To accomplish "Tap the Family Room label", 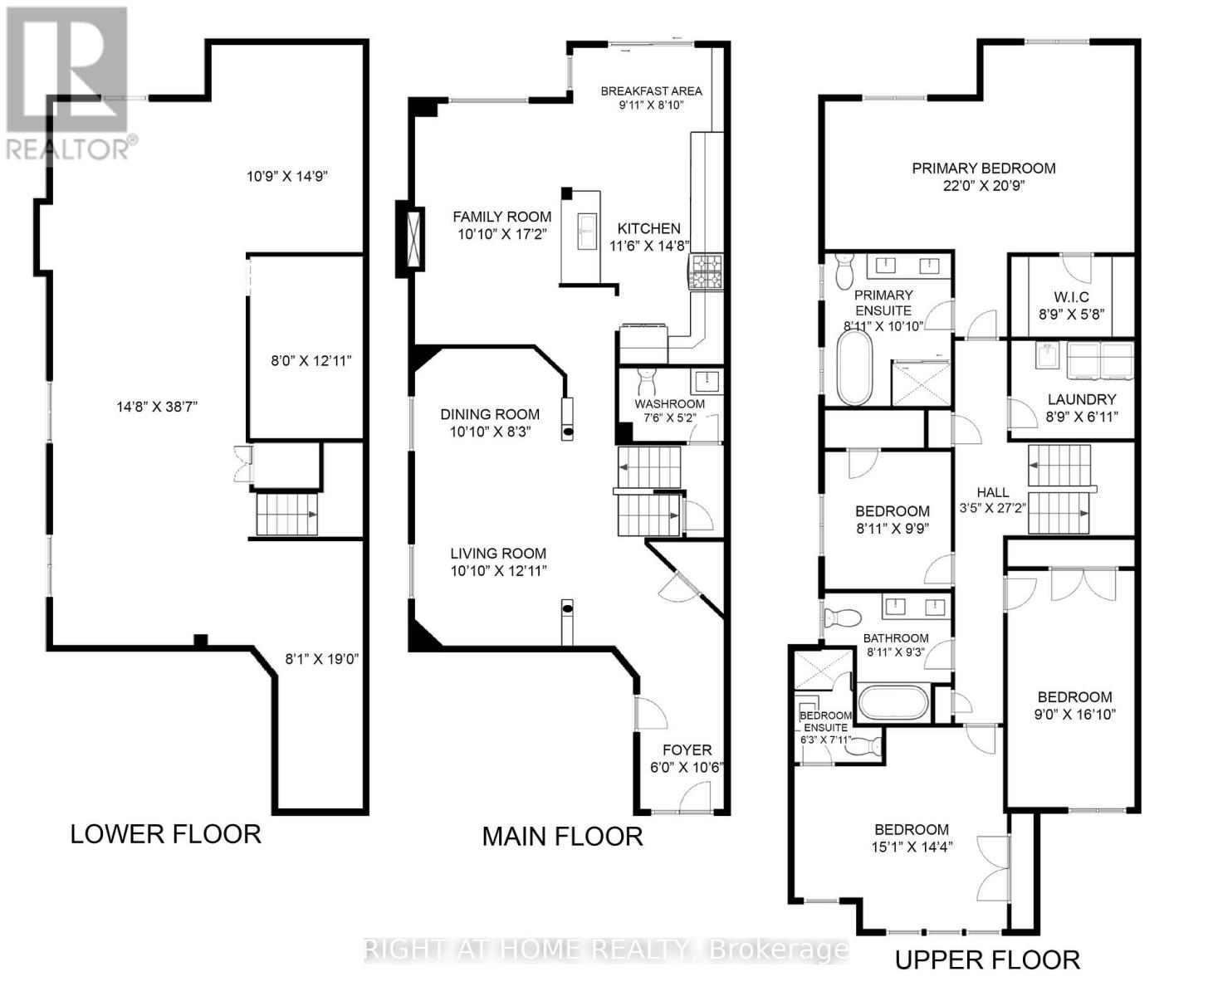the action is pos(501,217).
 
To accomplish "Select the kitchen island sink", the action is pos(587,232).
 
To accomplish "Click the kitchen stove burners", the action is pos(707,272).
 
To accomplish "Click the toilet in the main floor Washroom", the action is pos(647,381).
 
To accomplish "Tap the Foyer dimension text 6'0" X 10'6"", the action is pos(687,768).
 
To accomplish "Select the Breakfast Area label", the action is pos(651,90).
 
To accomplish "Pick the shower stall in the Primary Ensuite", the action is pos(920,383).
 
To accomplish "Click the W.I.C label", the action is pos(1072,297).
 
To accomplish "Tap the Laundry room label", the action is pos(1081,399).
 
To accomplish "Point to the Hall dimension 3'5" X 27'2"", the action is pos(993,508).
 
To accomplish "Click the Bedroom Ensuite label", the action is pos(825,722).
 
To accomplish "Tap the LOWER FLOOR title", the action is pos(166,834).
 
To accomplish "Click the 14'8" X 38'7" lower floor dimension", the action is pos(157,408).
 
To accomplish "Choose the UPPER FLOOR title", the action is pos(987,960).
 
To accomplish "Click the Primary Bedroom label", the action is pos(984,168).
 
